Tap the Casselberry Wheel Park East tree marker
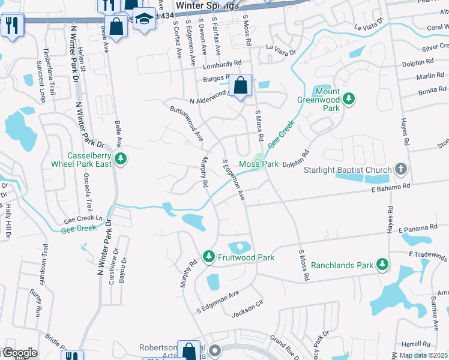point(121,159)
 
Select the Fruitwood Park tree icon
point(209,257)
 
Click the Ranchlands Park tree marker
point(382,264)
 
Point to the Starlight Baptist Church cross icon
point(402,170)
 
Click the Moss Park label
point(259,164)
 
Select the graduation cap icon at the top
point(143,20)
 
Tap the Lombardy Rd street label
point(221,63)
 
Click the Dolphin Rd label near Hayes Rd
point(418,62)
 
